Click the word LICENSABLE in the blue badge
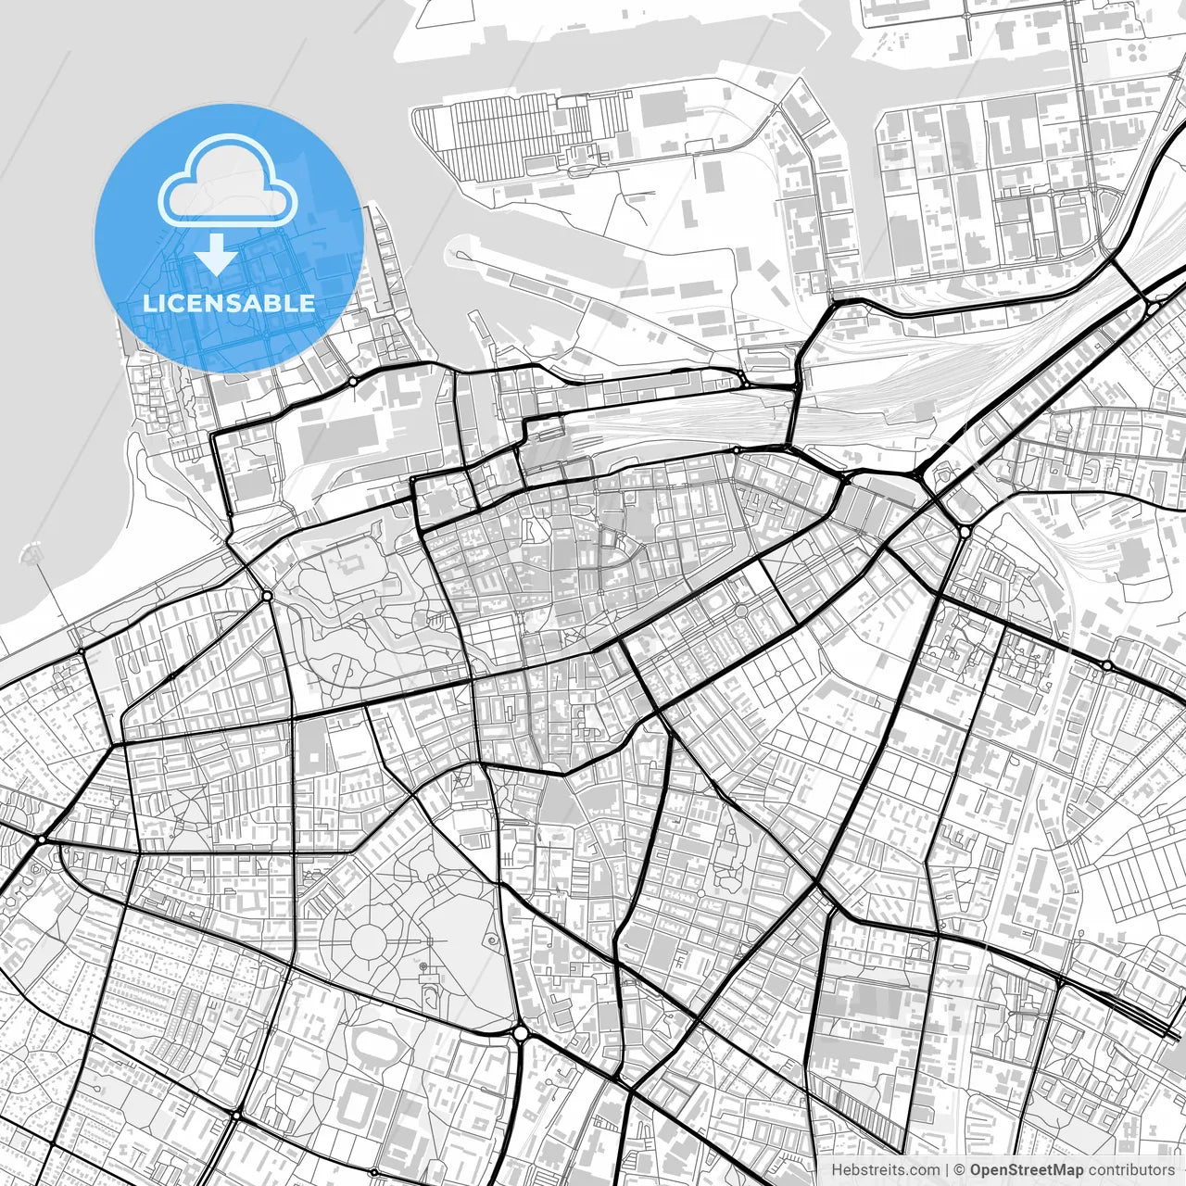coord(228,303)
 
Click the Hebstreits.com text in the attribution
coord(885,1170)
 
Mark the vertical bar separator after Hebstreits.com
coord(946,1170)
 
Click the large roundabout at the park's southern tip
coord(520,1032)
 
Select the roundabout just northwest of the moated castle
coord(266,596)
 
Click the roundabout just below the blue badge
coord(353,382)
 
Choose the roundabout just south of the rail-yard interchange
coord(965,531)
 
